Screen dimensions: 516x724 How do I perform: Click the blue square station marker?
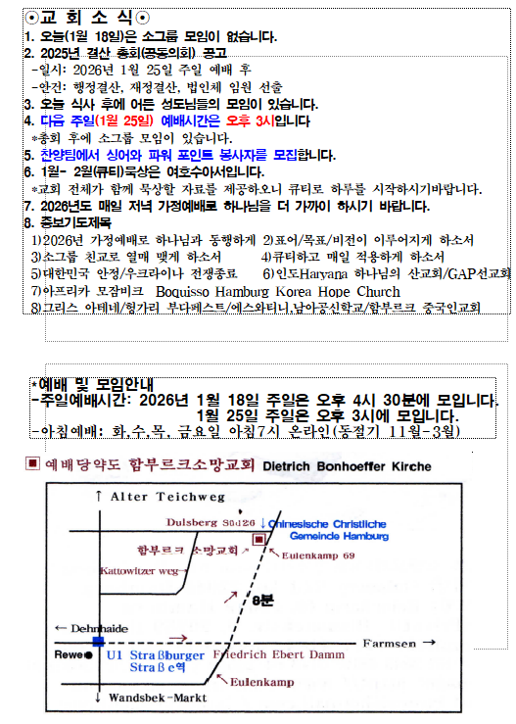pos(98,641)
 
